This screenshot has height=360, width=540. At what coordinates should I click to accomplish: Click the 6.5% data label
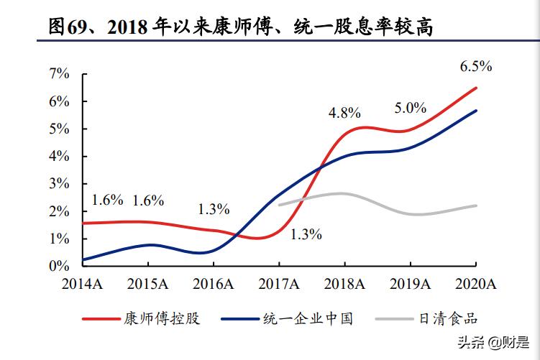pos(476,67)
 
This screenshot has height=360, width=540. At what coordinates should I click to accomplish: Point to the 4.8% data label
pos(344,113)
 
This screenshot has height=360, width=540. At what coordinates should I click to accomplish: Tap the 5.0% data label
pos(411,109)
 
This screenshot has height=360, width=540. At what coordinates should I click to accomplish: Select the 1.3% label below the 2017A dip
pos(306,234)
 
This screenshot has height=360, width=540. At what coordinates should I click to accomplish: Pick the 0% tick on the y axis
pos(60,266)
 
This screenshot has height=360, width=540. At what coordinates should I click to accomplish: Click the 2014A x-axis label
pos(83,285)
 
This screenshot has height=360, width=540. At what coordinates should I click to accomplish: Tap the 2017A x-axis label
pos(279,285)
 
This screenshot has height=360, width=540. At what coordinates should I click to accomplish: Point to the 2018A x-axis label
pos(344,285)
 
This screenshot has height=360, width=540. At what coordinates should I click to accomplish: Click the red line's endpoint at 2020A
pos(476,88)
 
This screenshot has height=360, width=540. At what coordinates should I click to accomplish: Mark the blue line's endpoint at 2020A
pos(476,111)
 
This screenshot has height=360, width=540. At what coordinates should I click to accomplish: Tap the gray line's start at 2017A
pos(279,205)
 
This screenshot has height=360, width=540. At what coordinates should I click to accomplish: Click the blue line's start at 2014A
pos(84,259)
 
